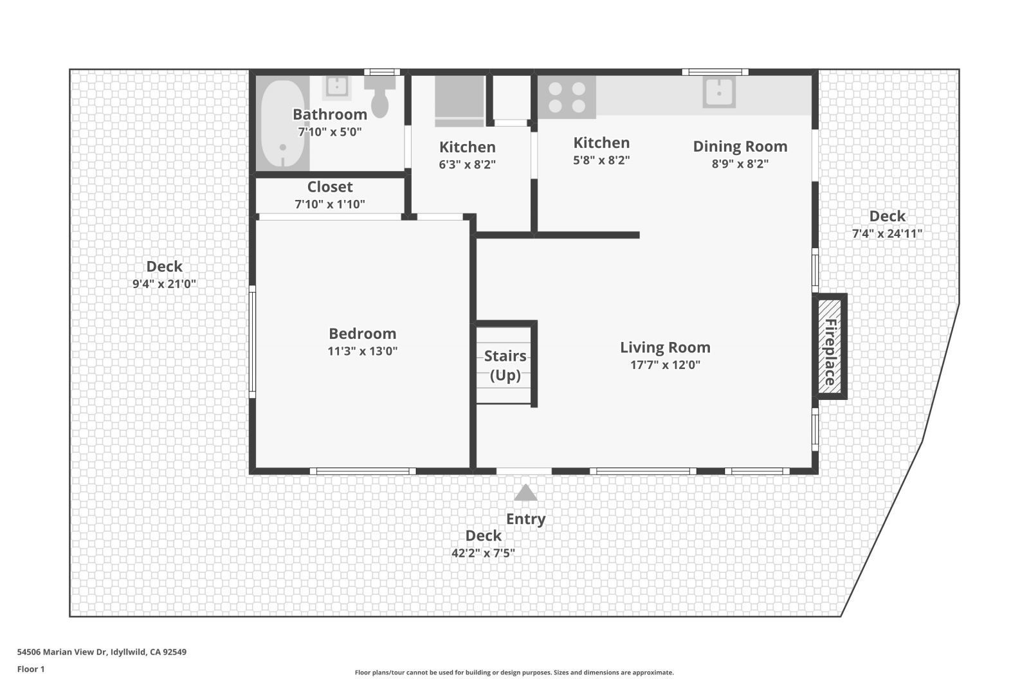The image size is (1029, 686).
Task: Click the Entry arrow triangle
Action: [525, 493]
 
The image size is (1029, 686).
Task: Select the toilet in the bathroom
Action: [380, 96]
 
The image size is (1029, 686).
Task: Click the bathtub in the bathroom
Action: [282, 123]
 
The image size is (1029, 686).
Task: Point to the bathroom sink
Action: [336, 87]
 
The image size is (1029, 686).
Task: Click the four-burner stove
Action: [567, 97]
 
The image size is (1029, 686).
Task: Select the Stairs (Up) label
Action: [505, 365]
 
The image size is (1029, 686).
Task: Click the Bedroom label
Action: [362, 334]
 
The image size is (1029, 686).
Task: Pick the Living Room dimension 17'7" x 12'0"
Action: [665, 365]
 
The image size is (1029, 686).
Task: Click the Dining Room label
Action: [740, 147]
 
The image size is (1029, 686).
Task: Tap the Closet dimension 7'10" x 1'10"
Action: [329, 204]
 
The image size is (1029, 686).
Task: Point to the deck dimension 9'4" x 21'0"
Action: [164, 284]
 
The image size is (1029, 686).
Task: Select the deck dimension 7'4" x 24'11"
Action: [887, 233]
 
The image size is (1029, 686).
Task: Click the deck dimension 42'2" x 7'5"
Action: [483, 553]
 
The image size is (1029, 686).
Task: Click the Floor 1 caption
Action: [31, 669]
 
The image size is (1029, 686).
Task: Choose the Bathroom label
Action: [329, 114]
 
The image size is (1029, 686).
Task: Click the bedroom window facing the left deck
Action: [252, 341]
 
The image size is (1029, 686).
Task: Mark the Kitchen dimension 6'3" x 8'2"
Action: [467, 165]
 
